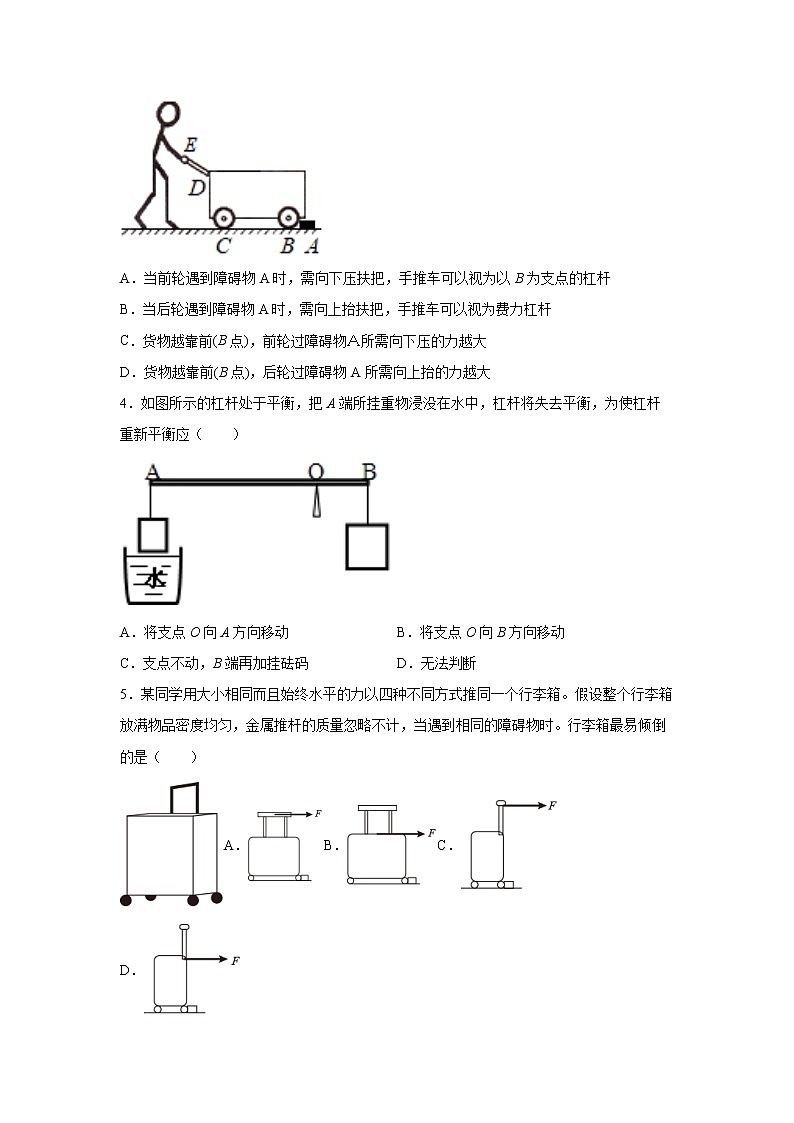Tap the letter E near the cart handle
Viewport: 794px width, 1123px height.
190,146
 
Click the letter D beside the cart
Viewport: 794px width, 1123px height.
197,187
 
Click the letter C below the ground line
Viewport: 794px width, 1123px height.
223,245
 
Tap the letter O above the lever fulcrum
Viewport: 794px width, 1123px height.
315,471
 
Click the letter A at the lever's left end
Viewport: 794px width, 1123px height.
152,471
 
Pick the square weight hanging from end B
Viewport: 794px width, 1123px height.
366,546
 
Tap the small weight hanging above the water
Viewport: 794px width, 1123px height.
153,534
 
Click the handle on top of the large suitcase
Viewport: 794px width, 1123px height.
185,797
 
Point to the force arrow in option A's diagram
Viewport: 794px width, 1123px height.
300,815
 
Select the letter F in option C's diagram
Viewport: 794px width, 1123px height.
552,805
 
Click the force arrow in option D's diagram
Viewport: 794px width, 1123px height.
208,960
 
